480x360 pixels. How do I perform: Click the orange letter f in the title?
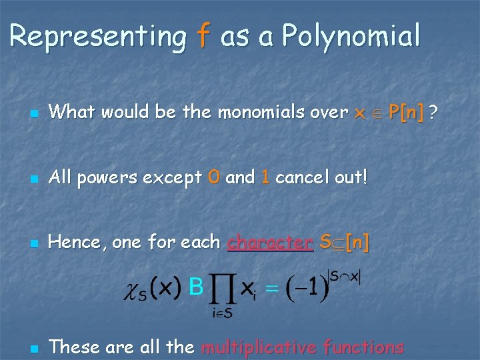pos(203,37)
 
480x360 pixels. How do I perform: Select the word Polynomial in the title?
pos(351,37)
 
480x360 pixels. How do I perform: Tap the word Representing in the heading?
pos(98,37)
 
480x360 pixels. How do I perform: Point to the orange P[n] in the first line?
pos(406,112)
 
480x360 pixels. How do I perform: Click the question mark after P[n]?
pos(434,112)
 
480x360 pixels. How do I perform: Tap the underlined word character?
pos(270,243)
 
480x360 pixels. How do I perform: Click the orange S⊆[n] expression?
pos(344,243)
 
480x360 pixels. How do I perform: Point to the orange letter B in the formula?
pos(196,287)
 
